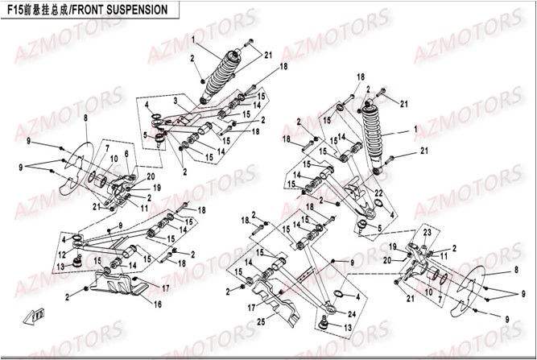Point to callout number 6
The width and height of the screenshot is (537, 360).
126,153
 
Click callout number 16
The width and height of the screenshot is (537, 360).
158,304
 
